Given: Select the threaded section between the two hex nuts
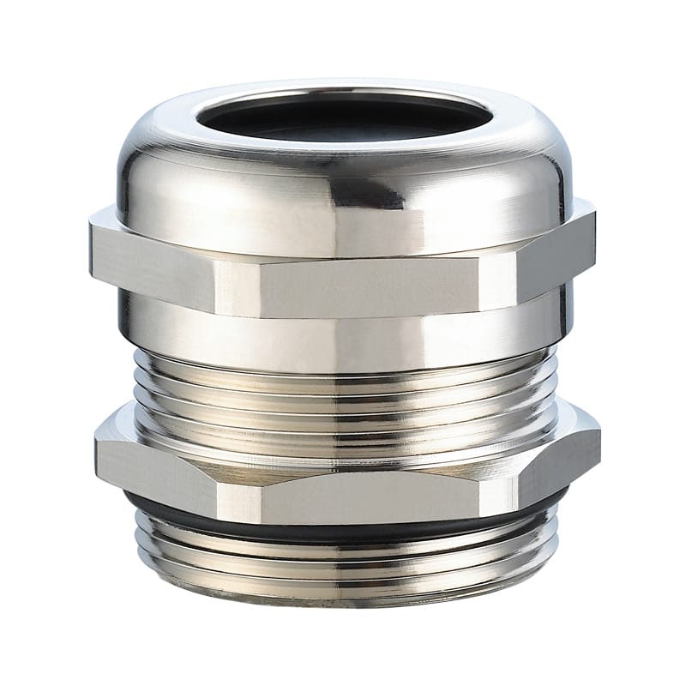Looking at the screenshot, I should coord(343,386).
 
